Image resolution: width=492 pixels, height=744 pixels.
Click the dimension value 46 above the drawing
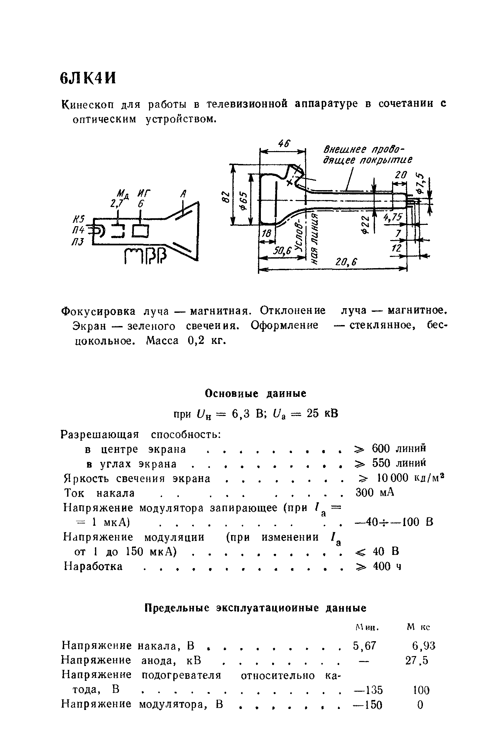click(x=284, y=144)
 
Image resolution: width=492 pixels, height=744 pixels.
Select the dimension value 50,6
click(x=282, y=251)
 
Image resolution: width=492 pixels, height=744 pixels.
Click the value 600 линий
click(x=398, y=448)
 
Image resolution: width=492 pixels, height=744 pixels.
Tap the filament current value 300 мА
click(x=375, y=493)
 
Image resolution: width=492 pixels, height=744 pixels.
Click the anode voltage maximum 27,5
click(x=417, y=661)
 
